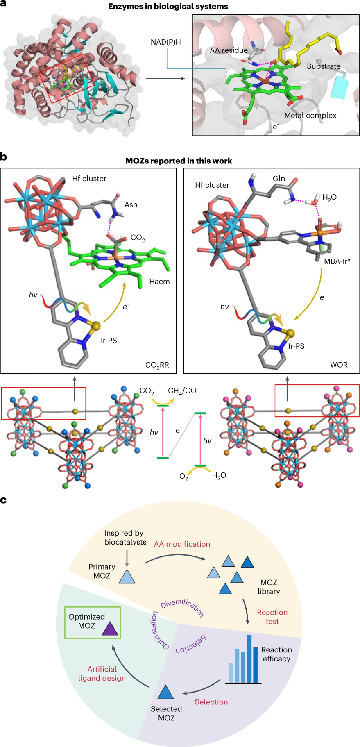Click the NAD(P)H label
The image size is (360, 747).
[x=165, y=42]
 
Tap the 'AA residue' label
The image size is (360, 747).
[x=229, y=50]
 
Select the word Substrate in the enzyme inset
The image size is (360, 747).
[x=324, y=66]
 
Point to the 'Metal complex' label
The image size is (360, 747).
[x=310, y=116]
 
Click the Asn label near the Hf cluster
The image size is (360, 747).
[x=131, y=205]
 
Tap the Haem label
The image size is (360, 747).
[x=159, y=282]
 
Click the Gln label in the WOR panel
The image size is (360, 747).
[x=278, y=179]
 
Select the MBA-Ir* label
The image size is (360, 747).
[x=337, y=261]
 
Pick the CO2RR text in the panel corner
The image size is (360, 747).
[x=157, y=365]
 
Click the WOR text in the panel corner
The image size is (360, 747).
[x=339, y=365]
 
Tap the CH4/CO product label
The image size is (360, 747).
[x=182, y=391]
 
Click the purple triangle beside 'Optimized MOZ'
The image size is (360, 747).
[x=110, y=629]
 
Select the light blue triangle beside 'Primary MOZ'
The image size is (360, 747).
[x=127, y=577]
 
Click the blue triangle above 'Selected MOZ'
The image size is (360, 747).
[x=165, y=693]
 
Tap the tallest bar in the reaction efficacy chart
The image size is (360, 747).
[x=249, y=658]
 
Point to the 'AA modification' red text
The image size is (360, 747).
[x=182, y=544]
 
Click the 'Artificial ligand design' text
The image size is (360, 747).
[x=102, y=674]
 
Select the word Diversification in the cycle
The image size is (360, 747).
[x=182, y=607]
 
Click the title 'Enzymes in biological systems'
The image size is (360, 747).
[x=168, y=7]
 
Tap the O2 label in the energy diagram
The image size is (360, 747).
[x=184, y=477]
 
